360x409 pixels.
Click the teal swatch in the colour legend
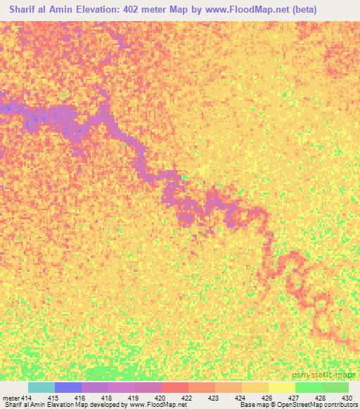coord(41,387)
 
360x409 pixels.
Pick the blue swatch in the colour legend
coord(68,387)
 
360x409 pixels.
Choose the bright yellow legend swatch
coord(282,387)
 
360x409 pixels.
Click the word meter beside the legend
coord(11,398)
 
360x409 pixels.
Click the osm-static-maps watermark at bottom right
coord(324,376)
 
